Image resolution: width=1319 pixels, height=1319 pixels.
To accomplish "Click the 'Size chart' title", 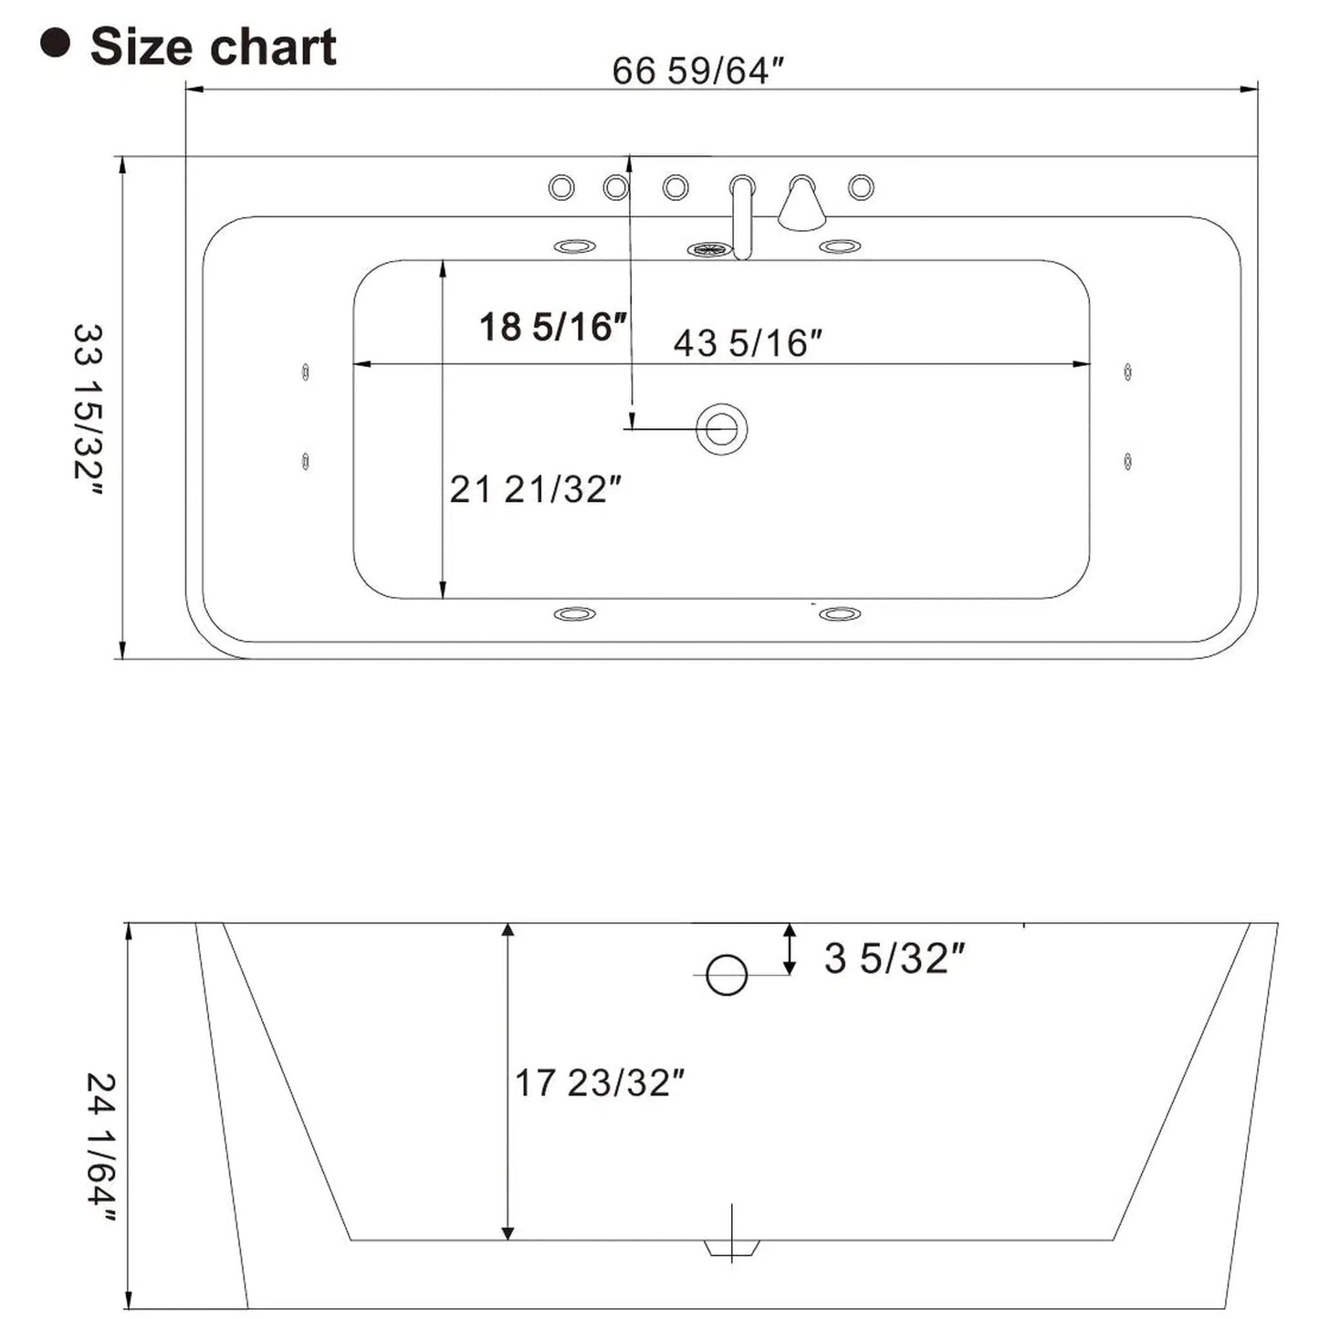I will [x=213, y=47].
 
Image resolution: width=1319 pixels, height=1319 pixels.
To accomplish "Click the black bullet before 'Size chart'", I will [x=56, y=44].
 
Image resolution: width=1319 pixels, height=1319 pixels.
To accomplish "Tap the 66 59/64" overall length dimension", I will [x=697, y=70].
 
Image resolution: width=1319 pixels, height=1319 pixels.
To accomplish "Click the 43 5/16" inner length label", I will [x=748, y=343].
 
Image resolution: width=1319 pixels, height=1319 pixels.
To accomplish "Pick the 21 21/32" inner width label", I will [x=535, y=490].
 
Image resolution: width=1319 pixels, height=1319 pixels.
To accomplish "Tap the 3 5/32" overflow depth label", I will [x=894, y=958].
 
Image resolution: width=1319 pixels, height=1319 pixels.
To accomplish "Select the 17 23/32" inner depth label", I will [x=599, y=1083].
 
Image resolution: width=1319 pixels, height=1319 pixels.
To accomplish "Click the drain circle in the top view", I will [x=721, y=428].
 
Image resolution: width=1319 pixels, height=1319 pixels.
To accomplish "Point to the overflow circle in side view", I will [x=727, y=975].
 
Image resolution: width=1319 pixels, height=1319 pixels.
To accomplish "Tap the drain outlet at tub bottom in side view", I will [x=732, y=1247].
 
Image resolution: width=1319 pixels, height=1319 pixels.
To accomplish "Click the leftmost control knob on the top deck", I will [x=561, y=188].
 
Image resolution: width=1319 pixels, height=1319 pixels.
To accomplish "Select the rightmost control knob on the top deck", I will [x=861, y=188].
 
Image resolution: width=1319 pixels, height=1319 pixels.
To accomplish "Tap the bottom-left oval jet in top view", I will [x=575, y=614].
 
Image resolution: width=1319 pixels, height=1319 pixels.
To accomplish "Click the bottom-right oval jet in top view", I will [x=840, y=614].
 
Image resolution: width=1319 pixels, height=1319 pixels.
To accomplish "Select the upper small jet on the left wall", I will [x=305, y=372].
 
